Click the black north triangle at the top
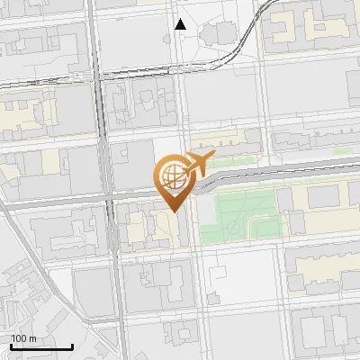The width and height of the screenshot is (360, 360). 181,24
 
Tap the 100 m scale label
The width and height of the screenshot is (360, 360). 23,338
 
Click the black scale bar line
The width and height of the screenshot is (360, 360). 41,347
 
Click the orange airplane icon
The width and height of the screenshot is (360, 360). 200,164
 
